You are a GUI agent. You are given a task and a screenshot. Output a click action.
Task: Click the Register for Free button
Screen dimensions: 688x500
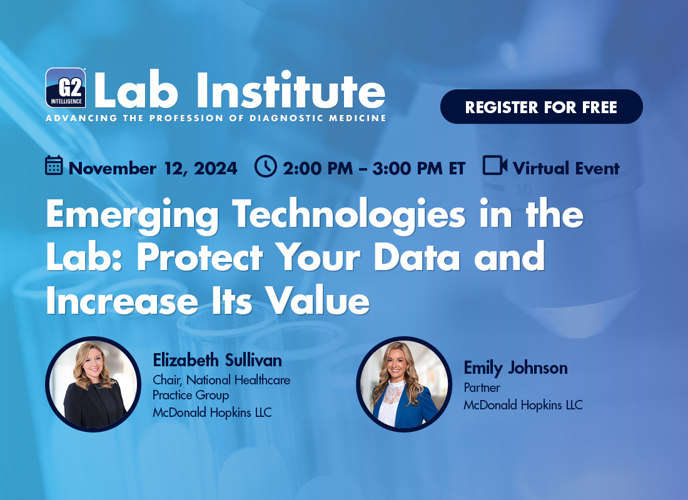pos(542,107)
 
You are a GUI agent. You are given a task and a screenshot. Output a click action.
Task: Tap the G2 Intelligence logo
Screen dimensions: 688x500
pos(66,87)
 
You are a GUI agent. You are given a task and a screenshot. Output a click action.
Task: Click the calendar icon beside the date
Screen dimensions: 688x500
pos(54,166)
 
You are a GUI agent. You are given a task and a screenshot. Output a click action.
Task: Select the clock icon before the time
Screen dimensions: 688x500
pos(265,166)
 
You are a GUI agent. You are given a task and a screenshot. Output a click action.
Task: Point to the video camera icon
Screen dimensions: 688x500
pos(495,166)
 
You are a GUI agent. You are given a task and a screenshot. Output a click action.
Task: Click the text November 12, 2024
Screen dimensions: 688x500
pos(153,168)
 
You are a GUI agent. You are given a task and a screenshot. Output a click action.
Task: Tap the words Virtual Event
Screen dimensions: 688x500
pos(566,168)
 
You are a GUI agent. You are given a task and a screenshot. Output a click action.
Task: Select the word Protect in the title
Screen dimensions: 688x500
pos(200,257)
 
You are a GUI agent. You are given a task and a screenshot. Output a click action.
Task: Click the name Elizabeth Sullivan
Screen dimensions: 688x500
pos(217,360)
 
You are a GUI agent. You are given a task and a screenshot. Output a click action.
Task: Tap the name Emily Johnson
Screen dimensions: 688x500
pos(515,368)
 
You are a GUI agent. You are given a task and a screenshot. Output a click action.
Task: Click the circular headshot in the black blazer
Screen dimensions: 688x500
pos(93,384)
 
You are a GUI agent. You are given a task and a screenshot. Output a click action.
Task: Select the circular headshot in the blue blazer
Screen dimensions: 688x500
pos(404,384)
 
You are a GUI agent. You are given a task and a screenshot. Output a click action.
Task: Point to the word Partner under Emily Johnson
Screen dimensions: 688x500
pos(482,387)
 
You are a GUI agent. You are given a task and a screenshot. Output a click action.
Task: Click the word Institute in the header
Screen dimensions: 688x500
pos(291,90)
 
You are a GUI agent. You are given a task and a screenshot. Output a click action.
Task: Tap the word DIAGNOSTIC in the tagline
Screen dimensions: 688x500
pos(280,118)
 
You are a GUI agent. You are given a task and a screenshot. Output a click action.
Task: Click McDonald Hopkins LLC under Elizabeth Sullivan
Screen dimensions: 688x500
pos(212,412)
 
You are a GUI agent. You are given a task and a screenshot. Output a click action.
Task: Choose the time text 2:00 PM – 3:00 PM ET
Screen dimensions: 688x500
pos(374,168)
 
